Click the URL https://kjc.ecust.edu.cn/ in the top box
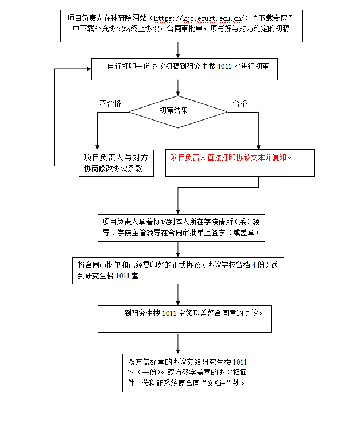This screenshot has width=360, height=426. point(199,18)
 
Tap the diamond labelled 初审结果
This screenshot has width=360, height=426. point(177,111)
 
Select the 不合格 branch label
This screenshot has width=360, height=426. point(110,103)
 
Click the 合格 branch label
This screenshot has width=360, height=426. point(240,103)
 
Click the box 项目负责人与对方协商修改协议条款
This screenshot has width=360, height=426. point(117,163)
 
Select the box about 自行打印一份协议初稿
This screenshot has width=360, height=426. point(184,69)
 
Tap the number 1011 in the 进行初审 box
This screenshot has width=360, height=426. point(224,67)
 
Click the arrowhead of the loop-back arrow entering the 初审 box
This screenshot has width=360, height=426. point(89,69)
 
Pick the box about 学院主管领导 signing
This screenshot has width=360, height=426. point(181,228)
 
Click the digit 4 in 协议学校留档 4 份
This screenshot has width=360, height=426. point(254,265)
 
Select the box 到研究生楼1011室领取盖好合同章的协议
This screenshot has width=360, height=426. point(184,319)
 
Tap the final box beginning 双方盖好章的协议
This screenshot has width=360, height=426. point(188,373)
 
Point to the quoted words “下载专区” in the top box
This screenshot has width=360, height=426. point(273,18)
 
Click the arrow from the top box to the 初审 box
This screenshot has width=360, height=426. point(178,50)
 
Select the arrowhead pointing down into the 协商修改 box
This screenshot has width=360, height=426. point(97,148)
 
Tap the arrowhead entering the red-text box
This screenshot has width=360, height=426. point(258,147)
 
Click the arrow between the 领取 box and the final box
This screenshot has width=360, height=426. point(178,343)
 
